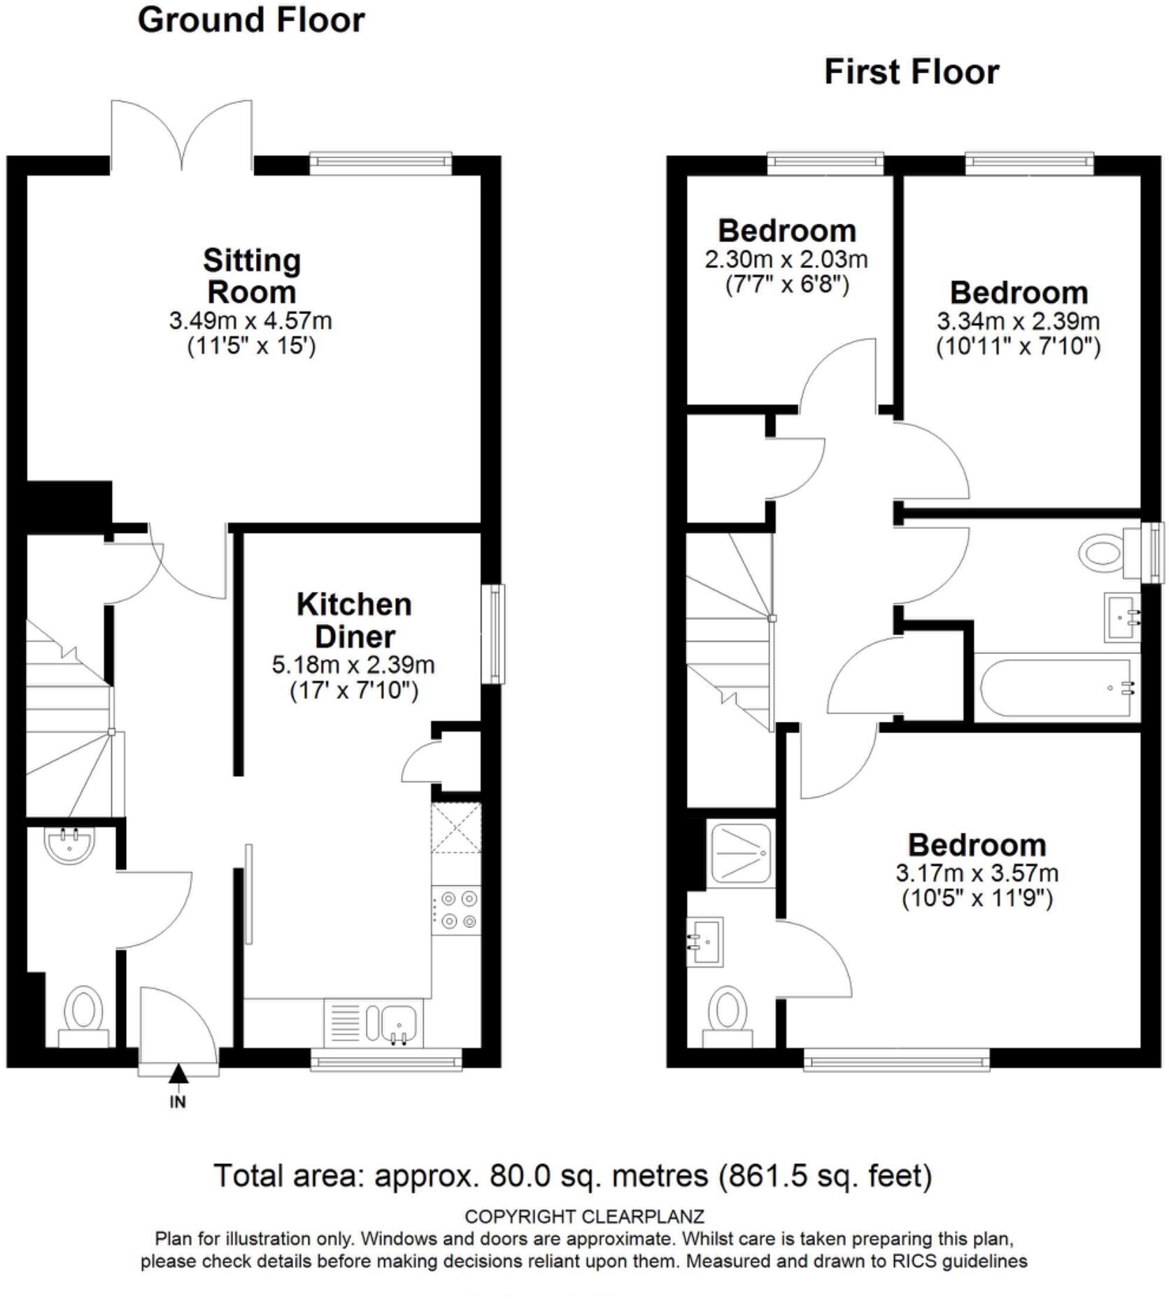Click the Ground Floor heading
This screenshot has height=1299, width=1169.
251,20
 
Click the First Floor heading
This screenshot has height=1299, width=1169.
911,72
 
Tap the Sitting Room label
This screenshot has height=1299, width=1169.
252,276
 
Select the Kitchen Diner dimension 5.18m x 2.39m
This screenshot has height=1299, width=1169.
353,665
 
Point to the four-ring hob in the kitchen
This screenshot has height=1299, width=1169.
456,909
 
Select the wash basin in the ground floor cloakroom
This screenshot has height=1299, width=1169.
69,844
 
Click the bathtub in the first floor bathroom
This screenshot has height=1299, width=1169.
1056,688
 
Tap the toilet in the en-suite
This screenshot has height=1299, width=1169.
728,1013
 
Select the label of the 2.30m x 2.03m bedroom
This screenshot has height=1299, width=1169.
787,231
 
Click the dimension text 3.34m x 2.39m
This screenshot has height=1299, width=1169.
1018,321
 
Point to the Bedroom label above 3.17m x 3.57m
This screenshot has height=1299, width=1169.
977,845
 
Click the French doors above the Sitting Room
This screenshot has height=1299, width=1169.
182,136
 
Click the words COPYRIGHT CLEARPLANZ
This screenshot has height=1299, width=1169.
584,1216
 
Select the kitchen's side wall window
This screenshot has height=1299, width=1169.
495,634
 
